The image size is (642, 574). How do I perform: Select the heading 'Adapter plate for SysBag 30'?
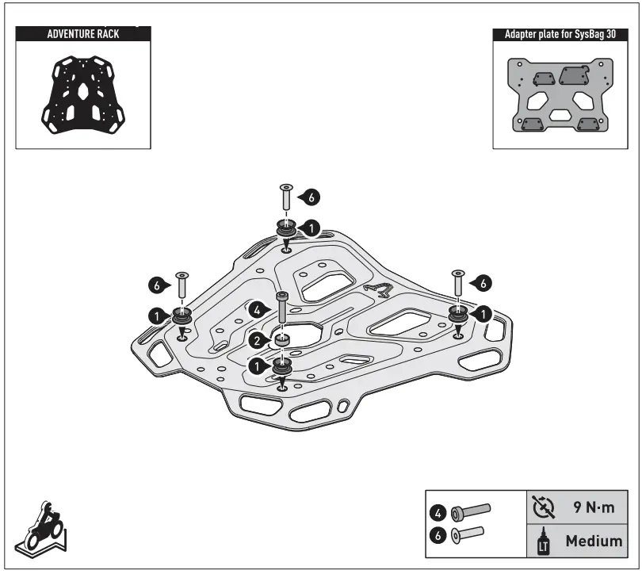[x=555, y=35]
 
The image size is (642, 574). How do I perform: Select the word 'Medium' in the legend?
[x=592, y=541]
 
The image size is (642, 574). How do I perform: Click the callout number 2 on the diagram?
[x=257, y=340]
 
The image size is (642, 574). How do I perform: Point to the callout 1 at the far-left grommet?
[x=157, y=315]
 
